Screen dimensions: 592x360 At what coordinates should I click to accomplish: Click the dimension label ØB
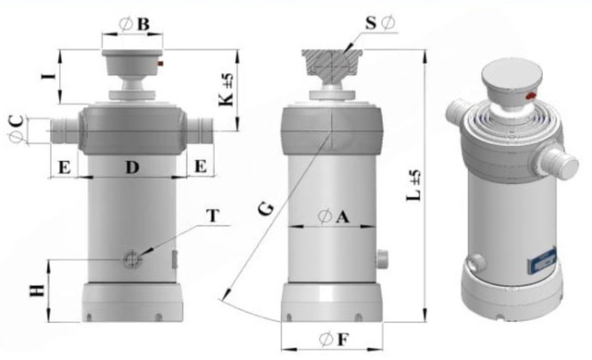134,24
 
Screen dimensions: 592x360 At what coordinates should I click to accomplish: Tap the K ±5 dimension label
226,90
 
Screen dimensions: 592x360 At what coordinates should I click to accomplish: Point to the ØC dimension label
17,130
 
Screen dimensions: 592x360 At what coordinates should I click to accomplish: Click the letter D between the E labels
132,167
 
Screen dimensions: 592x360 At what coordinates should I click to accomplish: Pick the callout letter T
213,216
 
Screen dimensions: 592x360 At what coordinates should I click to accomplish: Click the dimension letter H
38,291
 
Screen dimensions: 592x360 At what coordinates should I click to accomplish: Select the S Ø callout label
380,23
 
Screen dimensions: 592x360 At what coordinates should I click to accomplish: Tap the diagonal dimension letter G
266,209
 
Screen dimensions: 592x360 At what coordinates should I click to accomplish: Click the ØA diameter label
333,217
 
